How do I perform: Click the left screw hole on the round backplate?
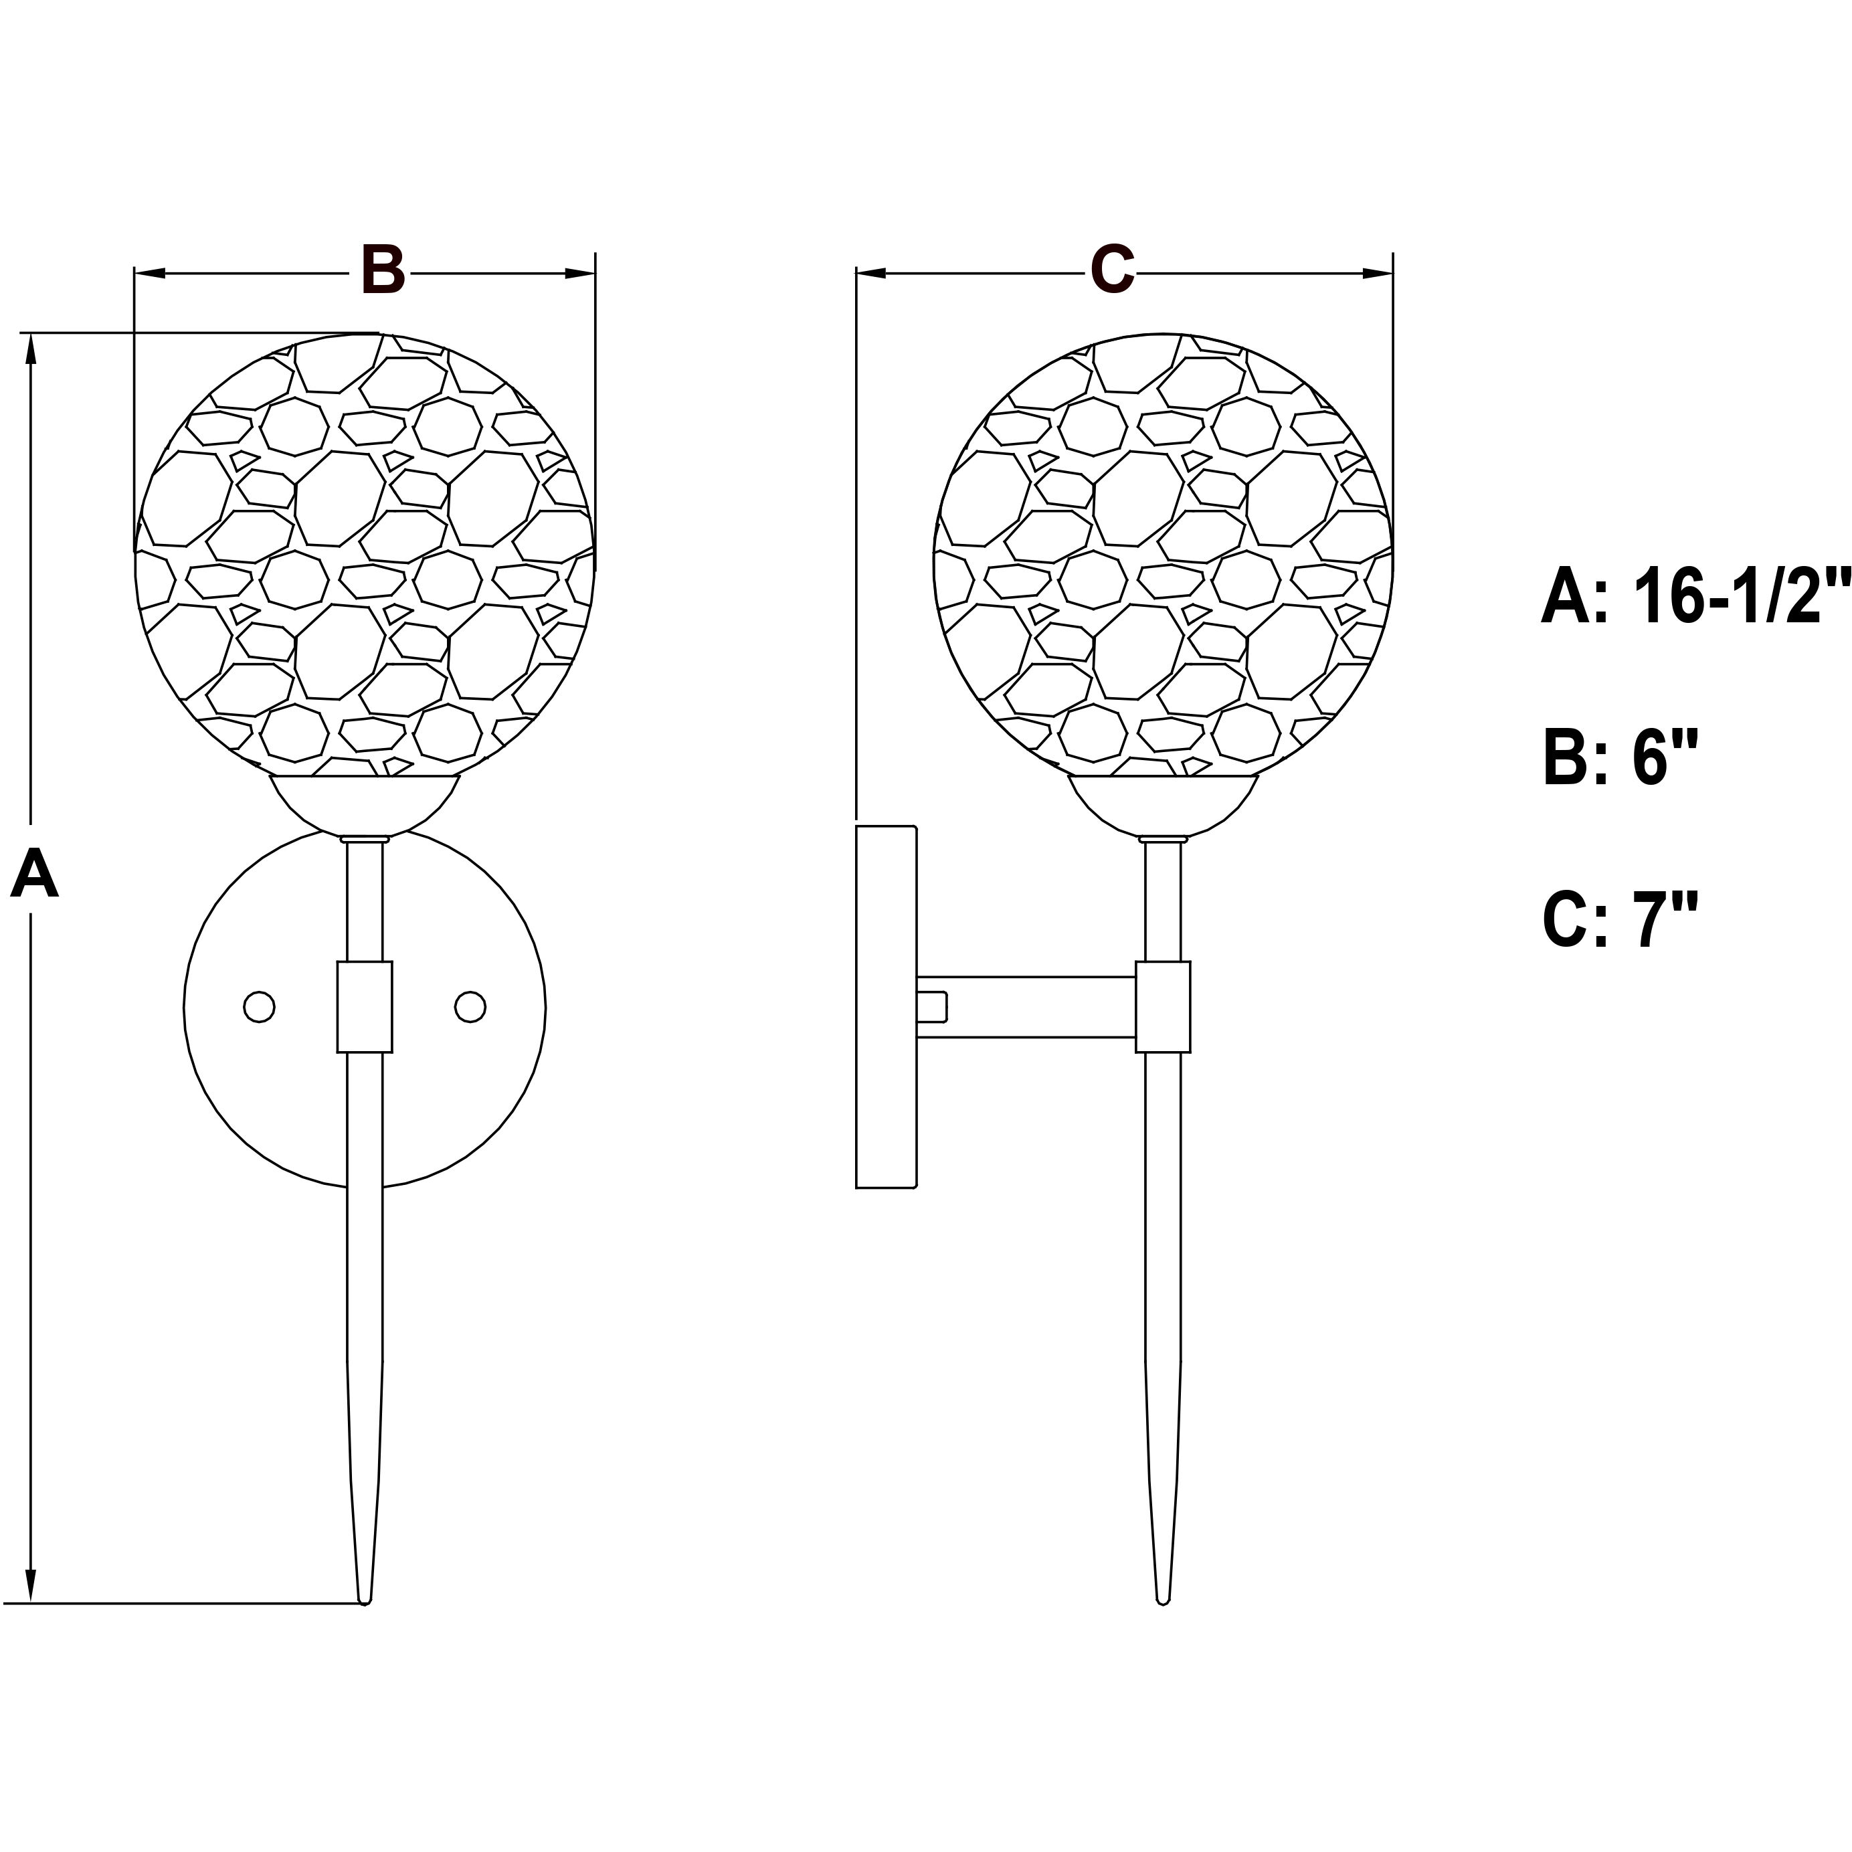pos(259,1008)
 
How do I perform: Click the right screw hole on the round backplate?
pos(470,1008)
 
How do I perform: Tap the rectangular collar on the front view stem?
pos(364,1008)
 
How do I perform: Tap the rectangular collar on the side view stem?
pos(1163,1008)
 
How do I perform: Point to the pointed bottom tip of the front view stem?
pos(364,1598)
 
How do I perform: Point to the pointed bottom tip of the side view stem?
pos(1163,1598)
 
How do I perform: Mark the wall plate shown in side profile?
pos(886,1008)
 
